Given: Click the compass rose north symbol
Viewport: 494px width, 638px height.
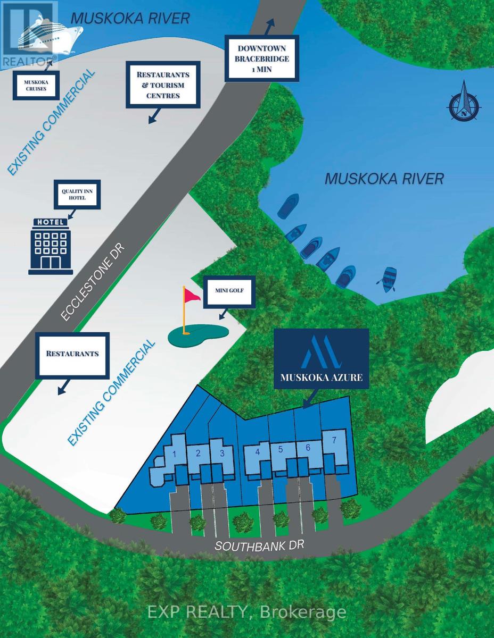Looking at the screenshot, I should point(464,104).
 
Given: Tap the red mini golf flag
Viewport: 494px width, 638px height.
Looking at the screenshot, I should point(192,297).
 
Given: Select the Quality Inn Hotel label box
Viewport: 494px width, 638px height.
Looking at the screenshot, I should point(77,194).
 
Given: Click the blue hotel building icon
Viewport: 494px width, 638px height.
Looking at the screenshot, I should point(51,246).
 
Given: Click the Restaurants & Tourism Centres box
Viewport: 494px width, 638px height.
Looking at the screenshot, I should point(164,83).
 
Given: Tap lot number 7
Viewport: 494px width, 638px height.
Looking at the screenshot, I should point(334,440).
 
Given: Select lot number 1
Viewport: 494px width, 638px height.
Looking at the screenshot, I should point(174,454).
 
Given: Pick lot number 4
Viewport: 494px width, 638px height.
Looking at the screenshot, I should point(258,452).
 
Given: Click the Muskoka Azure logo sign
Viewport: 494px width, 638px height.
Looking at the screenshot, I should point(321,359).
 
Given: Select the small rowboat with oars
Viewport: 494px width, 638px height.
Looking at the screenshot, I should point(387,280).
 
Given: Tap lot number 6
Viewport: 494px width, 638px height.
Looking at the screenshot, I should point(308,448).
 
